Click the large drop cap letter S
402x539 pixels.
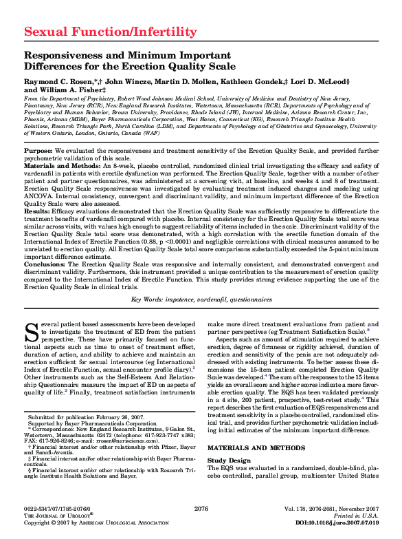(x=31, y=332)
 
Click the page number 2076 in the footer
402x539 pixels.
(x=201, y=509)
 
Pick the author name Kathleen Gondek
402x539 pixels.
(x=247, y=81)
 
